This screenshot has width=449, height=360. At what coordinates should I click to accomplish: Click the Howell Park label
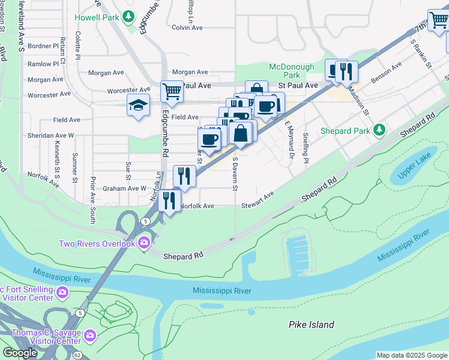pos(96,17)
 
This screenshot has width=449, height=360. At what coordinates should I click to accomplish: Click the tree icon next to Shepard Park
pos(379,130)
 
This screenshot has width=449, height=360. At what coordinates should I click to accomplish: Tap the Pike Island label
pos(311,325)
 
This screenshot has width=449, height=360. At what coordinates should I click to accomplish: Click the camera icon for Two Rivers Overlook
pos(144,243)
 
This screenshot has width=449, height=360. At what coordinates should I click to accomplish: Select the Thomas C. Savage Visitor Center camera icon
pos(90,335)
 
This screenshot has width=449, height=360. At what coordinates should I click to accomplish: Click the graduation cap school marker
pos(138,105)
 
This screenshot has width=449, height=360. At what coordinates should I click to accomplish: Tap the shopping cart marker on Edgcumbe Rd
pos(172,91)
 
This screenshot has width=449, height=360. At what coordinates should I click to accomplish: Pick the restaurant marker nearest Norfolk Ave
pos(171,200)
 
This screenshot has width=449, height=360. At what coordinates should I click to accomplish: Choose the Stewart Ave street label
pos(258,200)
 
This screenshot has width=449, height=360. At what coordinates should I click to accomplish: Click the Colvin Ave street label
pos(187,28)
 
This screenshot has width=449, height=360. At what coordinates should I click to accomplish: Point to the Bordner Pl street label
pos(43,46)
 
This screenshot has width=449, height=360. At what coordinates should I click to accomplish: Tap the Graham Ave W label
pos(124,188)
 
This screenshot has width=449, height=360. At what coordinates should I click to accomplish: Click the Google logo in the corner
pos(20,353)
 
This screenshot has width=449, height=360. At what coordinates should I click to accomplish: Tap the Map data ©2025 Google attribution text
pos(411,355)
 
